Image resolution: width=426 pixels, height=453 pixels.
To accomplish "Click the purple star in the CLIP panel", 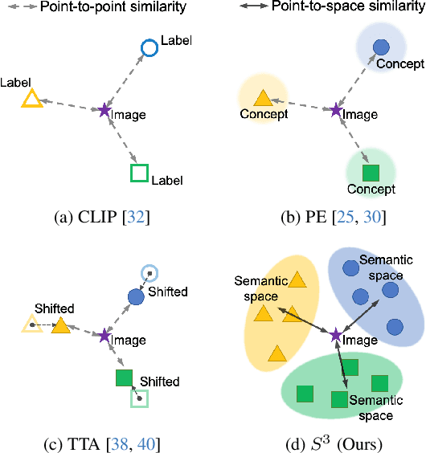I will coord(103,110).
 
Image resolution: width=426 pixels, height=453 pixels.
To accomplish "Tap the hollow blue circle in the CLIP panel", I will coord(149,48).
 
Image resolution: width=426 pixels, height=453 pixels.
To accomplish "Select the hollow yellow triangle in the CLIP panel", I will coord(31,99).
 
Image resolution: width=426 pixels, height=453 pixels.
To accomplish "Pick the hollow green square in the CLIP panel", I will coord(139,173).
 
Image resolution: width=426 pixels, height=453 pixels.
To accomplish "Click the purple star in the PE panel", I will coord(334,110).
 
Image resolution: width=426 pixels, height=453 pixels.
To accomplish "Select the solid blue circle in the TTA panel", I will coord(136,296).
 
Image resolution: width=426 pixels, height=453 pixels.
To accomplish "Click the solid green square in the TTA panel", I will coord(123,377).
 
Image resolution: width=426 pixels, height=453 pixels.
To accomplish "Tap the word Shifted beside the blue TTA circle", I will coord(167,290).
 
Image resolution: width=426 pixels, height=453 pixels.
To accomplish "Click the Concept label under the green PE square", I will coord(371,190).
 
